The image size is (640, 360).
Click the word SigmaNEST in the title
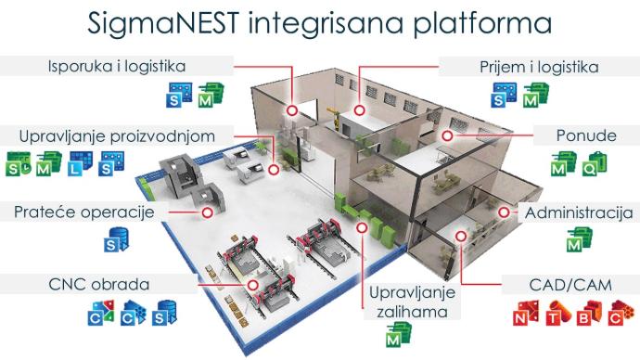163,22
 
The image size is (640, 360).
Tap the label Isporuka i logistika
117,66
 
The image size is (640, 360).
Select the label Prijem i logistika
539,67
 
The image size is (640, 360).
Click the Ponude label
586,135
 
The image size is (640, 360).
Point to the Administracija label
579,212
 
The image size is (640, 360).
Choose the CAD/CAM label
570,285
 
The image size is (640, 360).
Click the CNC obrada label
98,284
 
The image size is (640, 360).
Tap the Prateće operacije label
84,212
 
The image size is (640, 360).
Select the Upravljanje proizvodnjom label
117,136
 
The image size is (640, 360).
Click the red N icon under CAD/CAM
526,313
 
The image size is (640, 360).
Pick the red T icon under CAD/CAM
558,313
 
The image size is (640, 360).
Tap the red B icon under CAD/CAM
590,313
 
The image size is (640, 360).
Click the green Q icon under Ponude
595,163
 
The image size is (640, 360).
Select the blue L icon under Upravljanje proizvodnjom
81,163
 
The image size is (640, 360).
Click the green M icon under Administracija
580,239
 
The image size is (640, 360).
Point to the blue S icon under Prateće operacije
116,239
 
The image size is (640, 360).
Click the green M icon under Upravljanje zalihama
399,335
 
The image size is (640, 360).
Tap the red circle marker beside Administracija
504,212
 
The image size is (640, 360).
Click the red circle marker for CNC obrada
253,285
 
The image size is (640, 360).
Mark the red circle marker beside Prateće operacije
208,212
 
